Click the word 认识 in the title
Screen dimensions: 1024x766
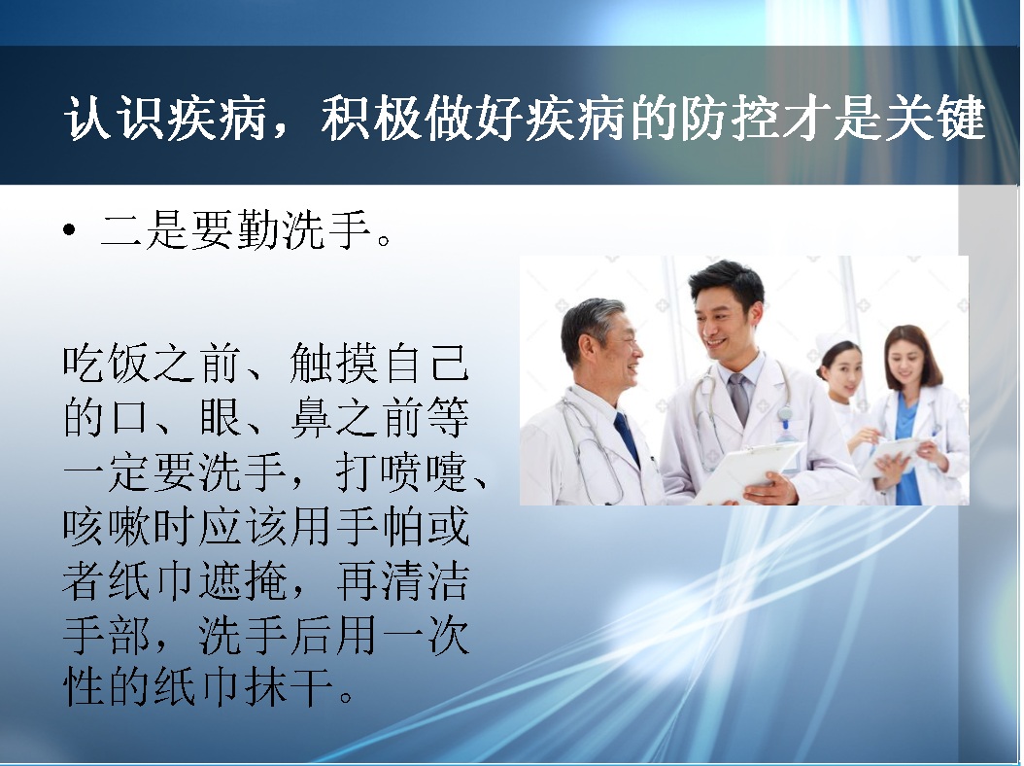(114, 119)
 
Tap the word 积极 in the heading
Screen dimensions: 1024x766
(371, 119)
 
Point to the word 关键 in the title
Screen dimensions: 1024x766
(935, 119)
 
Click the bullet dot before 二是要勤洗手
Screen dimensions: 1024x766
(69, 230)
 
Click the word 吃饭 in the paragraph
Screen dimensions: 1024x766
(107, 364)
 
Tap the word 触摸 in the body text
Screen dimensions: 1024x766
(333, 364)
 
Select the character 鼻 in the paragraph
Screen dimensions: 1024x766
(312, 417)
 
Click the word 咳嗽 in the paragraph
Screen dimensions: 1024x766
(107, 526)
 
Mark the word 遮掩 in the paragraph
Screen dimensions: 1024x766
(243, 580)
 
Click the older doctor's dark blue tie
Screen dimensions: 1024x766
(627, 437)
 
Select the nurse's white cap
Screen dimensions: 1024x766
(833, 344)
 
